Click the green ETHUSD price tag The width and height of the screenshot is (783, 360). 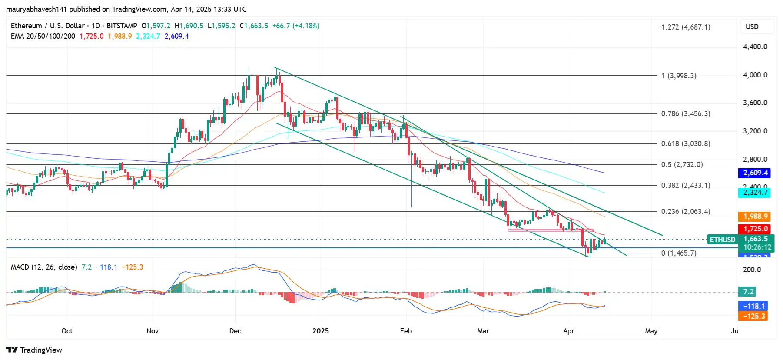[722, 240]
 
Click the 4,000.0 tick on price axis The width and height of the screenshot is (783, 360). [755, 75]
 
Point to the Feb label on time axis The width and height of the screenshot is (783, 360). [406, 331]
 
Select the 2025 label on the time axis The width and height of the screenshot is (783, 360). [321, 331]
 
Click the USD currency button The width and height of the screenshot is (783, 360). [752, 27]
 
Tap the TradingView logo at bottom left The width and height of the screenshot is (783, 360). [34, 350]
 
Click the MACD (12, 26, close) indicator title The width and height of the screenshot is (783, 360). [44, 267]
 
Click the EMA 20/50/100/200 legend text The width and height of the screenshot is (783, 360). [43, 37]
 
